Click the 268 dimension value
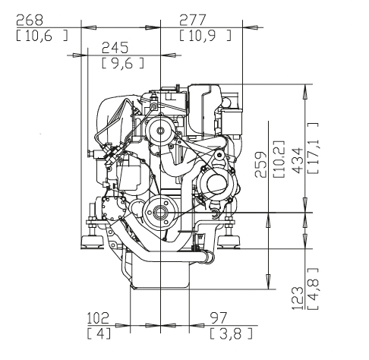point(30,21)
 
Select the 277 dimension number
point(193,21)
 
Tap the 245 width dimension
point(115,48)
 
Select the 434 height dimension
point(298,161)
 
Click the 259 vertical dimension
point(260,165)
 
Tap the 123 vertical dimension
point(298,298)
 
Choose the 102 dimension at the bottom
point(98,318)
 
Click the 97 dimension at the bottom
point(219,318)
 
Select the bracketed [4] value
point(99,333)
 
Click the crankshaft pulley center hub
point(160,213)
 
